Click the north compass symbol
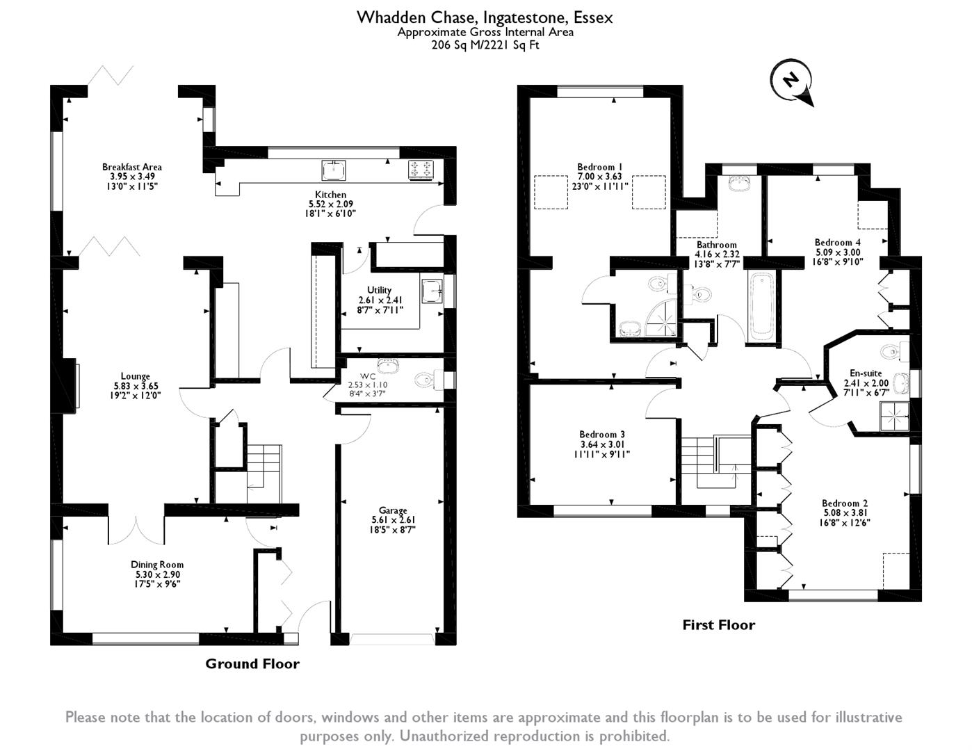tap(791, 81)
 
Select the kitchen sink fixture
tap(334, 169)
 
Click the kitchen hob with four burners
tap(421, 170)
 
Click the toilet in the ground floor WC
tap(424, 380)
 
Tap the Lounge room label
tap(135, 377)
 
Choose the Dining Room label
tap(157, 565)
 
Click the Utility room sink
tap(430, 290)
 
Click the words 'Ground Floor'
tap(252, 663)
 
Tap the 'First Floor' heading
tap(718, 624)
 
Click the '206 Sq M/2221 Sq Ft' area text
tap(485, 46)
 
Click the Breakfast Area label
tap(131, 167)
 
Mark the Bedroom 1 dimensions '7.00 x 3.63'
tap(599, 177)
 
